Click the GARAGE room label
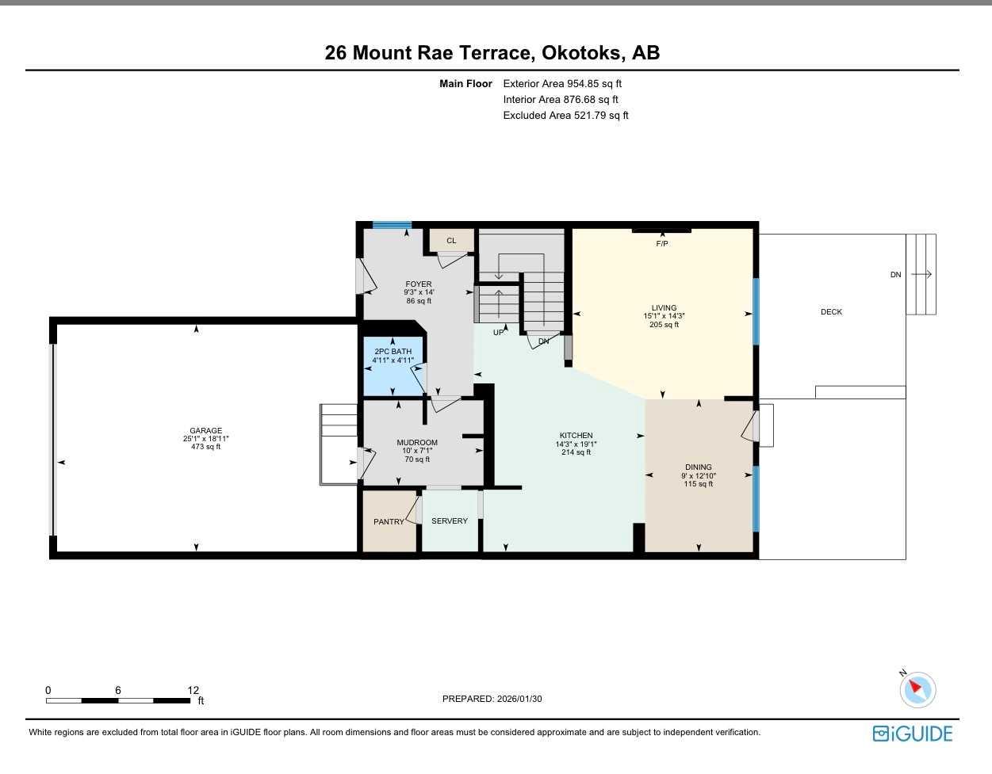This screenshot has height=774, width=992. (205, 431)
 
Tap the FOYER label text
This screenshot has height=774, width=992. (419, 284)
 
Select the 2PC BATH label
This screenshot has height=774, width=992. (393, 352)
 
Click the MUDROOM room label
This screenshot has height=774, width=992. (417, 443)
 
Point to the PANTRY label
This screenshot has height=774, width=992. (389, 522)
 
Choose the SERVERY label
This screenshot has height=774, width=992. (450, 521)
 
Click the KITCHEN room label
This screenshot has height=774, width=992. (576, 436)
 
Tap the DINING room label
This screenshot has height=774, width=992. (698, 467)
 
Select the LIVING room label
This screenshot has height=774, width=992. (664, 308)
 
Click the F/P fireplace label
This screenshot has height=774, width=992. (661, 244)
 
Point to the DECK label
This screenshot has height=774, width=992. (831, 312)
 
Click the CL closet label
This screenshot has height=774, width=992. (451, 241)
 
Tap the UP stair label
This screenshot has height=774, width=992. (498, 333)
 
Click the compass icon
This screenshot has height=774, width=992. (917, 689)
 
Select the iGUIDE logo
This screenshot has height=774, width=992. (912, 734)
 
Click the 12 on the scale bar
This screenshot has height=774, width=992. (193, 690)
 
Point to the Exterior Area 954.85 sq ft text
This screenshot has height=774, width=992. (562, 83)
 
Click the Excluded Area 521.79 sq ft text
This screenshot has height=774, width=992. (565, 115)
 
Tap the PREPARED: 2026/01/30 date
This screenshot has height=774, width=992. (492, 699)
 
